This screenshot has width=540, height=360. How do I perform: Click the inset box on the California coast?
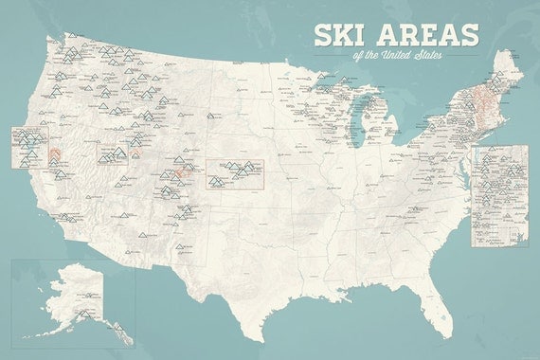tap(24, 147)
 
